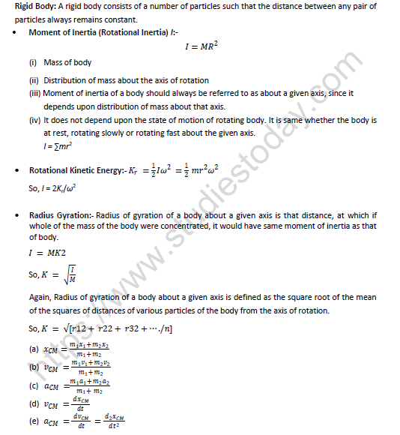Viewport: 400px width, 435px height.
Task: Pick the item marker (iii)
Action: (34, 93)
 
